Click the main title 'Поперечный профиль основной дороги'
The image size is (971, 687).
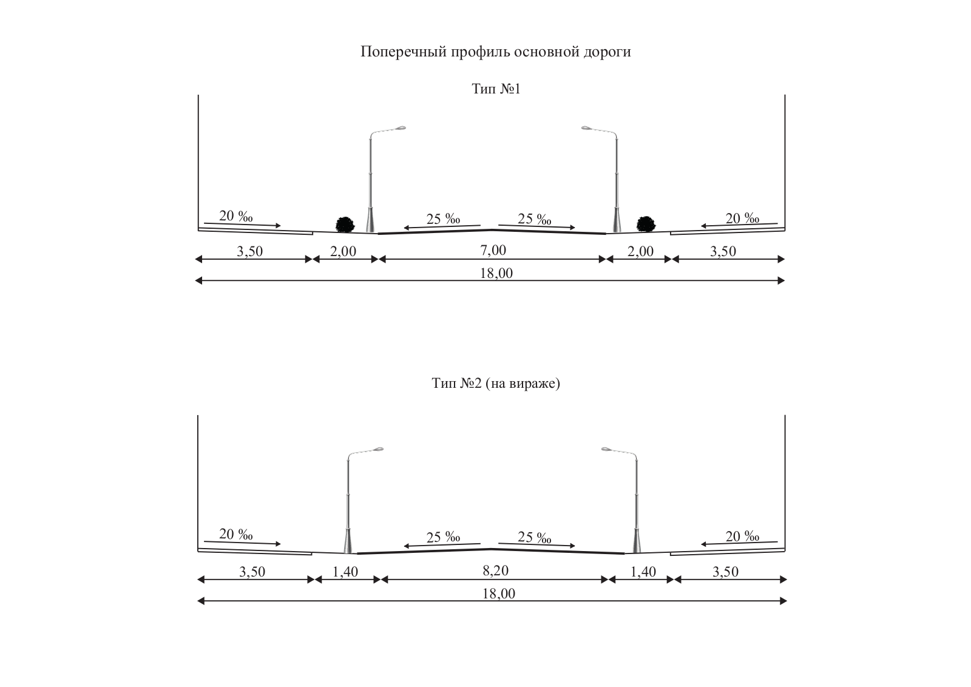coord(495,52)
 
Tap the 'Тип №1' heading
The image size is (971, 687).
coord(496,89)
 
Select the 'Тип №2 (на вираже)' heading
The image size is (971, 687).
coord(495,384)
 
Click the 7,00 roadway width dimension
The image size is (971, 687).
coord(493,250)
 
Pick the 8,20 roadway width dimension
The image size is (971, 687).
coord(495,570)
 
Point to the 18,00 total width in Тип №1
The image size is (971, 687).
coord(496,273)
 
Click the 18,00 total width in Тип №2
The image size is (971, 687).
coord(498,594)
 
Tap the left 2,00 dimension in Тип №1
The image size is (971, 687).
coord(343,251)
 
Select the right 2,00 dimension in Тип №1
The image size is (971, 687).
coord(640,251)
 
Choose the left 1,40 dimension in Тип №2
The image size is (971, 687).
coord(345,571)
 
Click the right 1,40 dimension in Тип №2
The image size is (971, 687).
coord(643,571)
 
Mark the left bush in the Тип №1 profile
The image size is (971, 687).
coord(345,224)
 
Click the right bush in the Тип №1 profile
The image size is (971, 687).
coord(645,223)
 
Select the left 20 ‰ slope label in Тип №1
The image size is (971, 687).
coord(235,216)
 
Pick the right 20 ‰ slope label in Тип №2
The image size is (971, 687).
coord(742,536)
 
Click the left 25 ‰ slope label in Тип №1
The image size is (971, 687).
coord(443,218)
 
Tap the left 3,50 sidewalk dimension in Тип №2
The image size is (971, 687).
coord(252,571)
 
